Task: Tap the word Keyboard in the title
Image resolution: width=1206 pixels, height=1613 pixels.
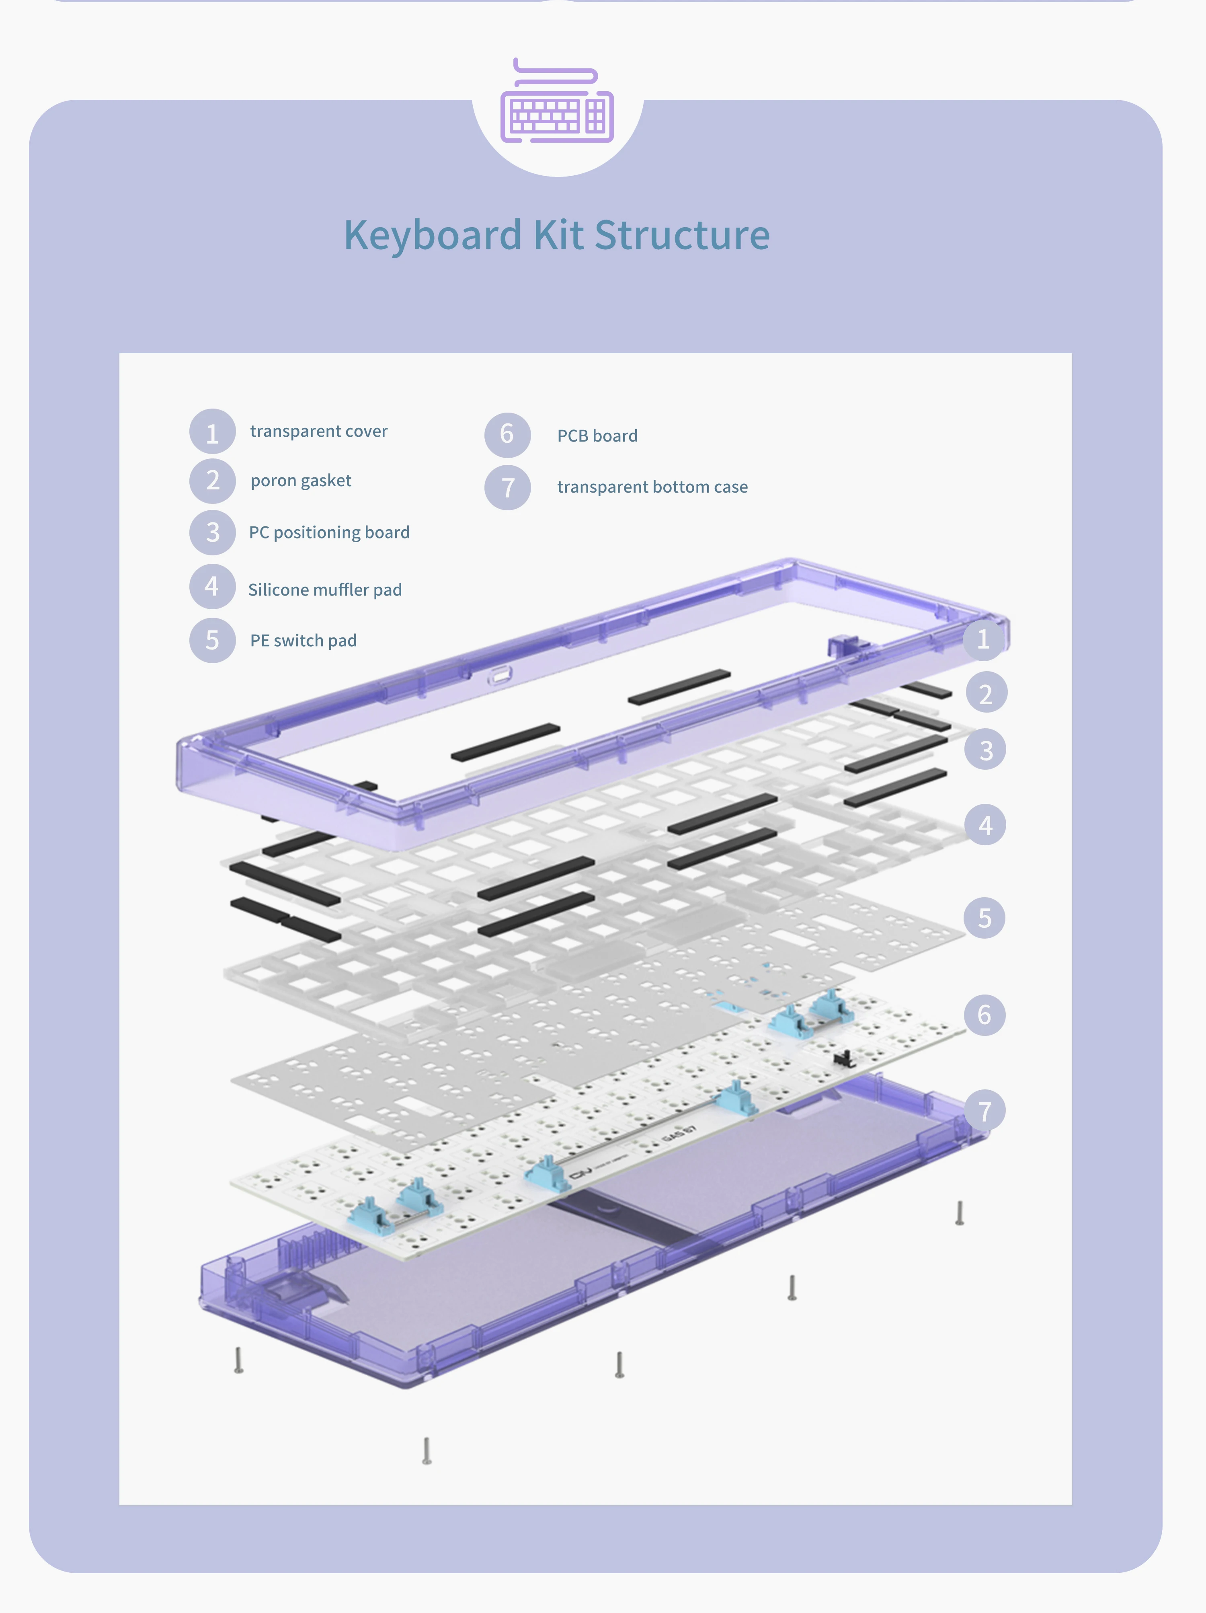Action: (433, 236)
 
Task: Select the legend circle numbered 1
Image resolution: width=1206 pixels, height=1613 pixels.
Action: (212, 432)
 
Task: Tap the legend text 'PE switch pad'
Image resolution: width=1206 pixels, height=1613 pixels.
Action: (304, 640)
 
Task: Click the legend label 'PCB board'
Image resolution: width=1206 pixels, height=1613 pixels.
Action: (597, 436)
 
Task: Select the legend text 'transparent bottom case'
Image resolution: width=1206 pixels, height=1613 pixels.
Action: (652, 487)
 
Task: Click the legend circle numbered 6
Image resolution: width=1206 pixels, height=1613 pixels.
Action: (507, 435)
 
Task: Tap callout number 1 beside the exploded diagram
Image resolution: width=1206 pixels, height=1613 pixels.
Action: (983, 639)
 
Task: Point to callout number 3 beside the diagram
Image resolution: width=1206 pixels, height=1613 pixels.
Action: (985, 750)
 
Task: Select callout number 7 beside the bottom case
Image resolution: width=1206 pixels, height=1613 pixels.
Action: (984, 1111)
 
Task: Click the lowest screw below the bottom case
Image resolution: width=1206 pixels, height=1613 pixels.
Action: (427, 1451)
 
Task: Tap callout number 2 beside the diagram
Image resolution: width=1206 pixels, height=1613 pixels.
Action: (986, 693)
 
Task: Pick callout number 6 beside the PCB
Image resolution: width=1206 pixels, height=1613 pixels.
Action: (984, 1014)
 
